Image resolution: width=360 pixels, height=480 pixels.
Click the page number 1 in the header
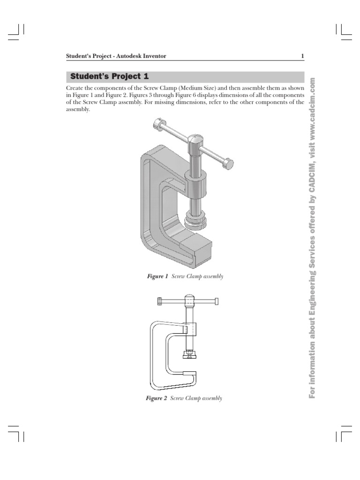(302, 56)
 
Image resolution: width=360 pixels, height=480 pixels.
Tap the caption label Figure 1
(157, 277)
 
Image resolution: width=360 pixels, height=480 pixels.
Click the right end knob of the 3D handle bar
(228, 164)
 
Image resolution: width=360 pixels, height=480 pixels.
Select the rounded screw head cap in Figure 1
(195, 140)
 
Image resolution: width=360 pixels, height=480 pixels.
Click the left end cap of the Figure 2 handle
(160, 301)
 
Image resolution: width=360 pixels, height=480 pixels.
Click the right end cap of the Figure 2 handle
(217, 301)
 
